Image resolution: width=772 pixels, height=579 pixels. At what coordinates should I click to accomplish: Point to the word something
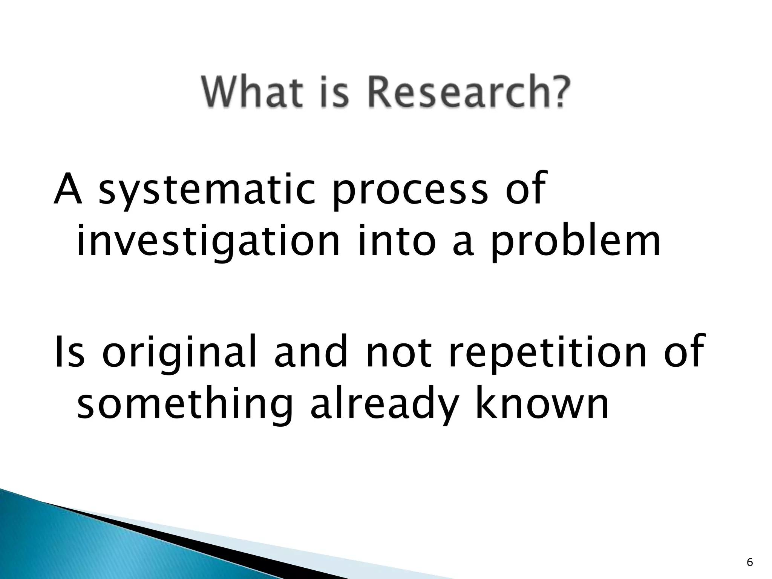185,405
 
